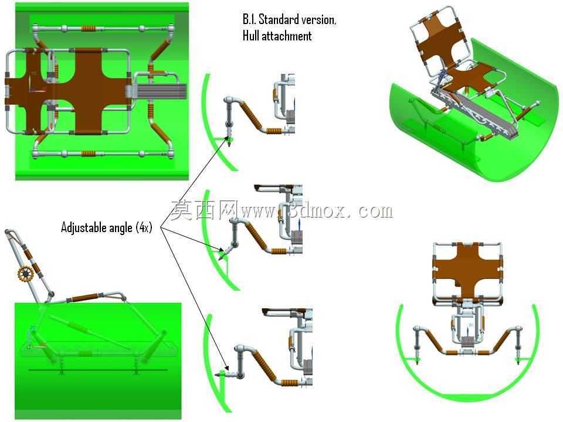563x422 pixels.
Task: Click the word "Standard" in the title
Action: [x=279, y=19]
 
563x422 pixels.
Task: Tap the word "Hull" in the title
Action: [x=251, y=36]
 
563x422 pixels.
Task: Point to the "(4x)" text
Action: [x=144, y=227]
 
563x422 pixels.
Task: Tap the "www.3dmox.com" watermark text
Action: [x=317, y=210]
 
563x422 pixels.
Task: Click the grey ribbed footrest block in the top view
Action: [x=161, y=91]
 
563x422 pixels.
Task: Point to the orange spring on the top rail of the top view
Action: [x=89, y=28]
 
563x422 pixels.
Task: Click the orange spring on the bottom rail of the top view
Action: [x=89, y=154]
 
